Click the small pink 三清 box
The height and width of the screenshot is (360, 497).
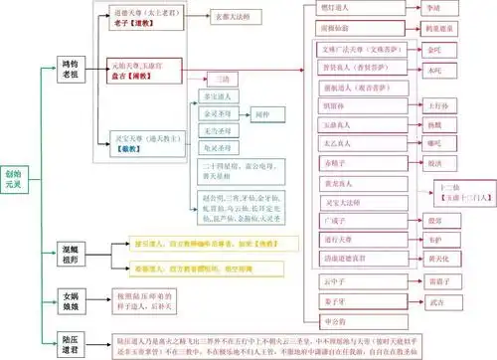click(222, 78)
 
